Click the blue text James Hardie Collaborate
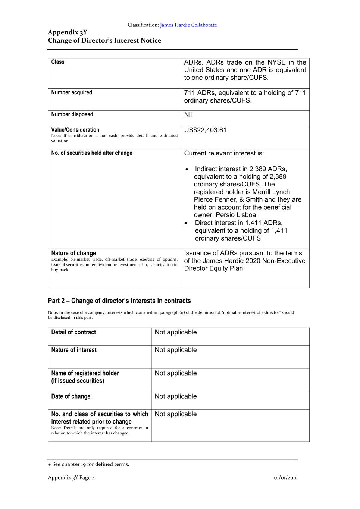click(x=188, y=25)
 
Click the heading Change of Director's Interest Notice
click(x=104, y=40)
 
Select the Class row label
click(x=58, y=62)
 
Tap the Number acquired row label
click(x=72, y=92)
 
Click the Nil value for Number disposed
click(x=188, y=114)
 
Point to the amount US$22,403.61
click(x=205, y=130)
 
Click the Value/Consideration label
click(x=75, y=130)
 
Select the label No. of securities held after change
click(x=92, y=153)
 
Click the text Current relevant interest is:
click(x=224, y=153)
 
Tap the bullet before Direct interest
click(x=187, y=223)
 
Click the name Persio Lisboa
click(x=237, y=215)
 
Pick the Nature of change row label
click(x=73, y=253)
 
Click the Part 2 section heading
click(x=119, y=301)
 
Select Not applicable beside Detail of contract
click(x=176, y=332)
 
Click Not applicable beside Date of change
click(x=176, y=396)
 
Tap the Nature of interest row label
click(x=74, y=350)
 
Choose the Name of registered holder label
click(x=85, y=373)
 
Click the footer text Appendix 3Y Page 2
click(x=71, y=477)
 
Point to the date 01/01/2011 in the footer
click(x=285, y=477)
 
